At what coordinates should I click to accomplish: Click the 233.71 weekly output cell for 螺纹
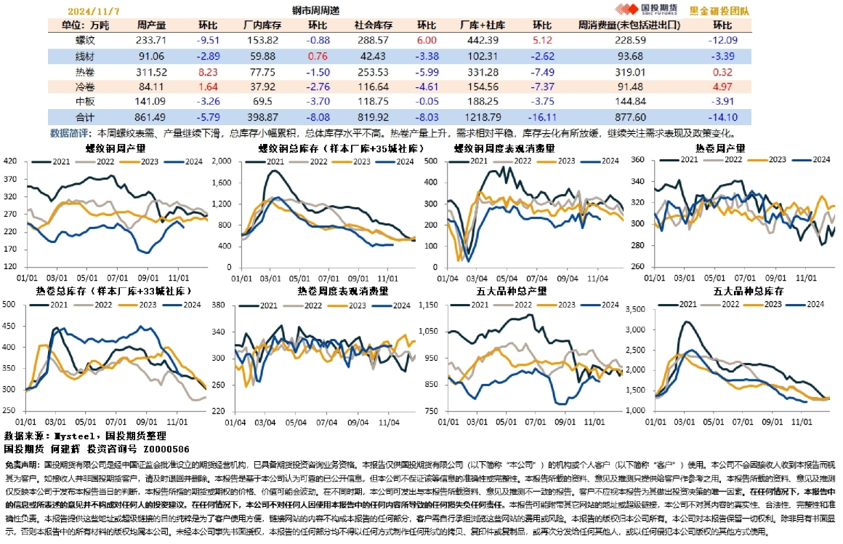(x=151, y=41)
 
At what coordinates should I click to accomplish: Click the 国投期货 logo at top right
(x=646, y=9)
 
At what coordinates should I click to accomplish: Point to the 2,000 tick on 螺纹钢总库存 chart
(x=219, y=161)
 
